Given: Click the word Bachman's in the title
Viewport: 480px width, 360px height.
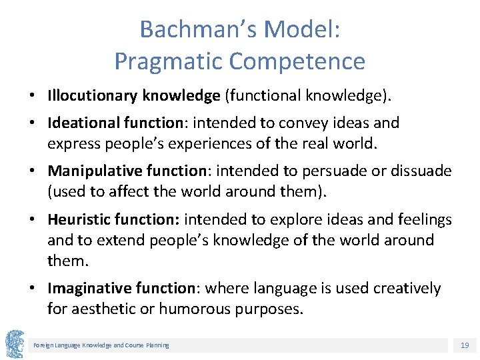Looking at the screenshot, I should point(197,29).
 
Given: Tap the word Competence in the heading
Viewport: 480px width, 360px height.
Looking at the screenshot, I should point(297,61).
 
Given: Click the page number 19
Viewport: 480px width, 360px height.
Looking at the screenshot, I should point(464,345).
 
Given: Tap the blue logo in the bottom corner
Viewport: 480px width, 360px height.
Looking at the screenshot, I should point(15,344).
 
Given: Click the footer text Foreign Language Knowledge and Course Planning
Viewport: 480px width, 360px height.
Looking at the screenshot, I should point(101,345).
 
